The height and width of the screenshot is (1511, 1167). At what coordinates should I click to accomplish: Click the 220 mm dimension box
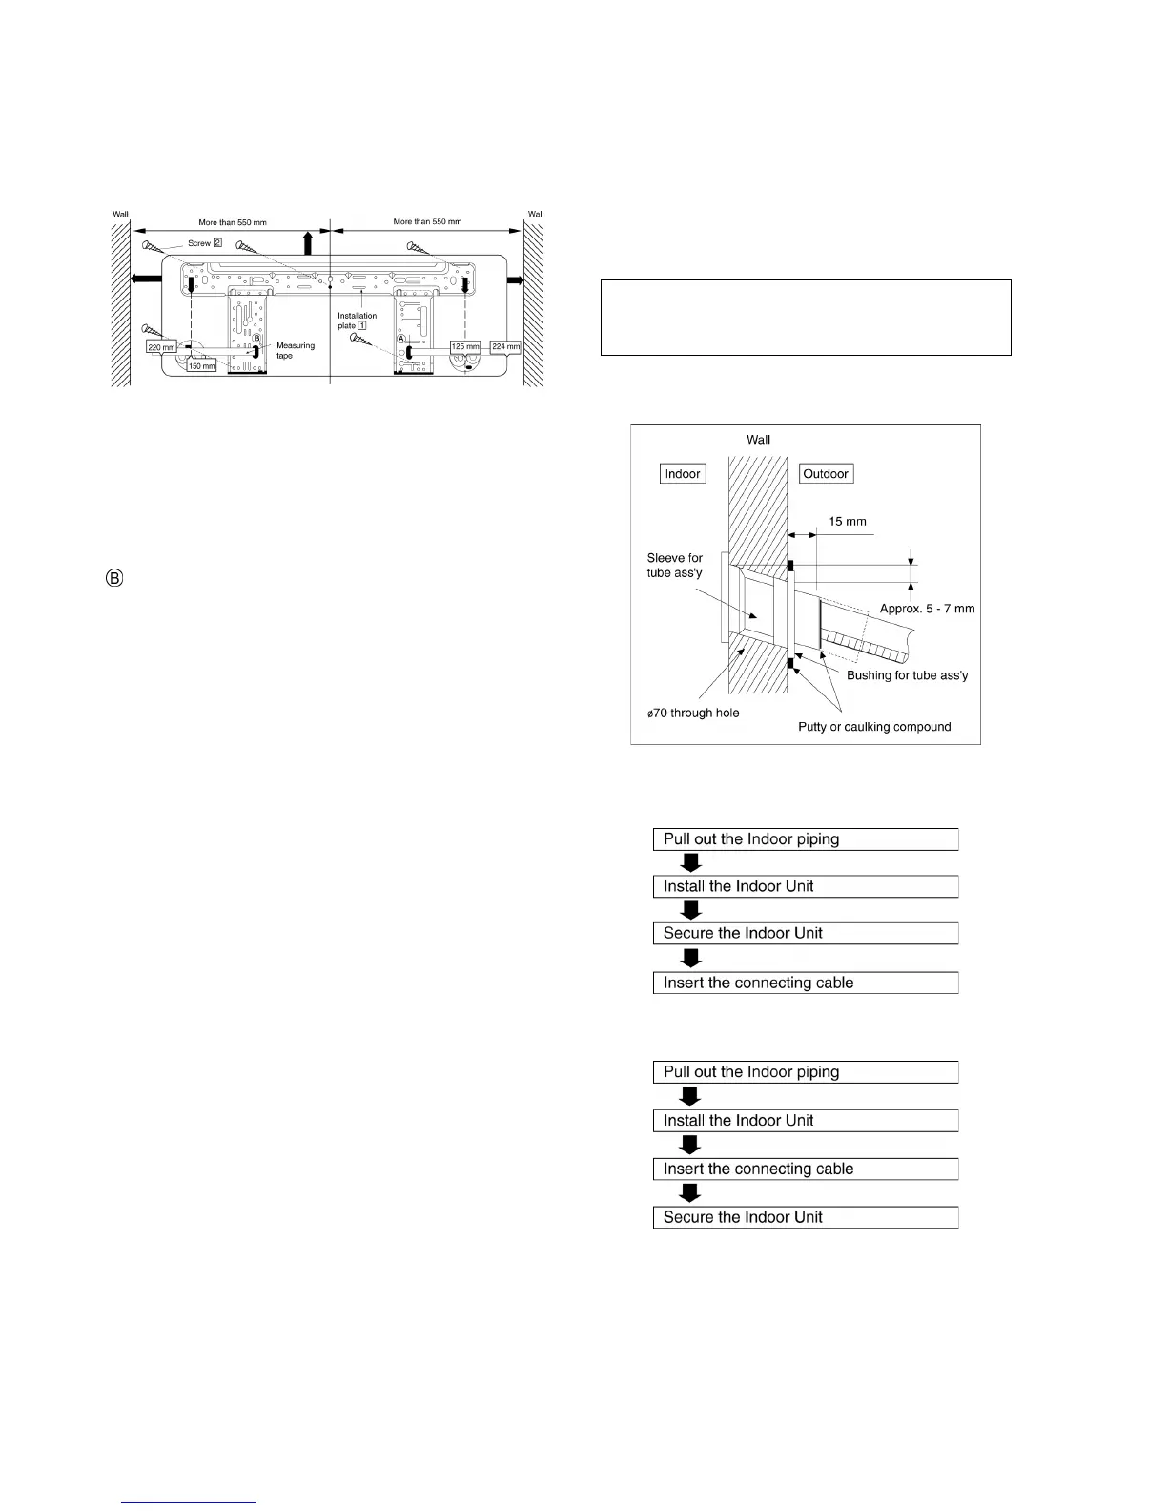pyautogui.click(x=161, y=347)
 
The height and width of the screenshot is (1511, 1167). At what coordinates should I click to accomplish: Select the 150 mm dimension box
pyautogui.click(x=201, y=366)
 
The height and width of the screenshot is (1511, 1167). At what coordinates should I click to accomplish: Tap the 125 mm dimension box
pyautogui.click(x=465, y=346)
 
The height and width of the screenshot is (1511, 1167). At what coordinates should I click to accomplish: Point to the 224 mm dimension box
pyautogui.click(x=506, y=346)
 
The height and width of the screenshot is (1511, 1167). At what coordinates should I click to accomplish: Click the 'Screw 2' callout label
pyautogui.click(x=204, y=243)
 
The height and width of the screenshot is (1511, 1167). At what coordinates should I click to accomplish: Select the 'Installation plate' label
pyautogui.click(x=357, y=321)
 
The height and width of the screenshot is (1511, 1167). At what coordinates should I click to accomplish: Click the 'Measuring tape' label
pyautogui.click(x=295, y=350)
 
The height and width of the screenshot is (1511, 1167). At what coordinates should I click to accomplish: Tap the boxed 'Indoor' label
pyautogui.click(x=683, y=474)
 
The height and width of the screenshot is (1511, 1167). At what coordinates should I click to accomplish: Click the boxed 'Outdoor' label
pyautogui.click(x=826, y=474)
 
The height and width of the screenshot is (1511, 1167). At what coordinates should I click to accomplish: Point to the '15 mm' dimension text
pyautogui.click(x=848, y=522)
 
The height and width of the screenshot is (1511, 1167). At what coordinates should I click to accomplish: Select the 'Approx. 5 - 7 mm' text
pyautogui.click(x=927, y=609)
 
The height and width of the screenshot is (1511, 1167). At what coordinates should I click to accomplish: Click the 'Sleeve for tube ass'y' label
pyautogui.click(x=674, y=565)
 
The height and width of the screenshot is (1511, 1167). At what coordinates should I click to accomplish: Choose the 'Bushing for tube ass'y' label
pyautogui.click(x=907, y=675)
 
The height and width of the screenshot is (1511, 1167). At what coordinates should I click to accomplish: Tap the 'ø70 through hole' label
pyautogui.click(x=693, y=713)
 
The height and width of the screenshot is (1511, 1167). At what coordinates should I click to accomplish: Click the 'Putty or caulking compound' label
pyautogui.click(x=874, y=727)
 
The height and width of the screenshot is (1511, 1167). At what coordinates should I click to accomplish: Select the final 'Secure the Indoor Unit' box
pyautogui.click(x=805, y=1217)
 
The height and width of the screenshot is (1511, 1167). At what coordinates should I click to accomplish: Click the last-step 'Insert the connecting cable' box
pyautogui.click(x=805, y=983)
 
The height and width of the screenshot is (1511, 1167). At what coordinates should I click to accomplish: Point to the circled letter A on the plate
pyautogui.click(x=401, y=339)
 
